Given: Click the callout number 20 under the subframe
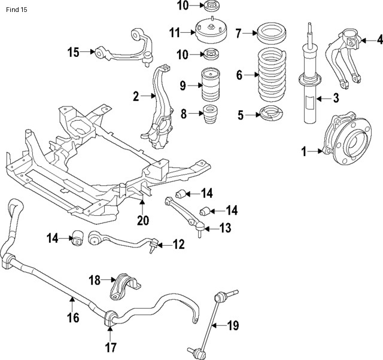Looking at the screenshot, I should pos(142,221).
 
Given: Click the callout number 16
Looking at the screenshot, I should pos(73,318).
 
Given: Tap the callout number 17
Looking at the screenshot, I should pos(111,347).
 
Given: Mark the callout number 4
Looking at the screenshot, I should pos(379,40).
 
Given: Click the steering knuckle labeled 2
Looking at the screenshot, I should pos(157,108).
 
